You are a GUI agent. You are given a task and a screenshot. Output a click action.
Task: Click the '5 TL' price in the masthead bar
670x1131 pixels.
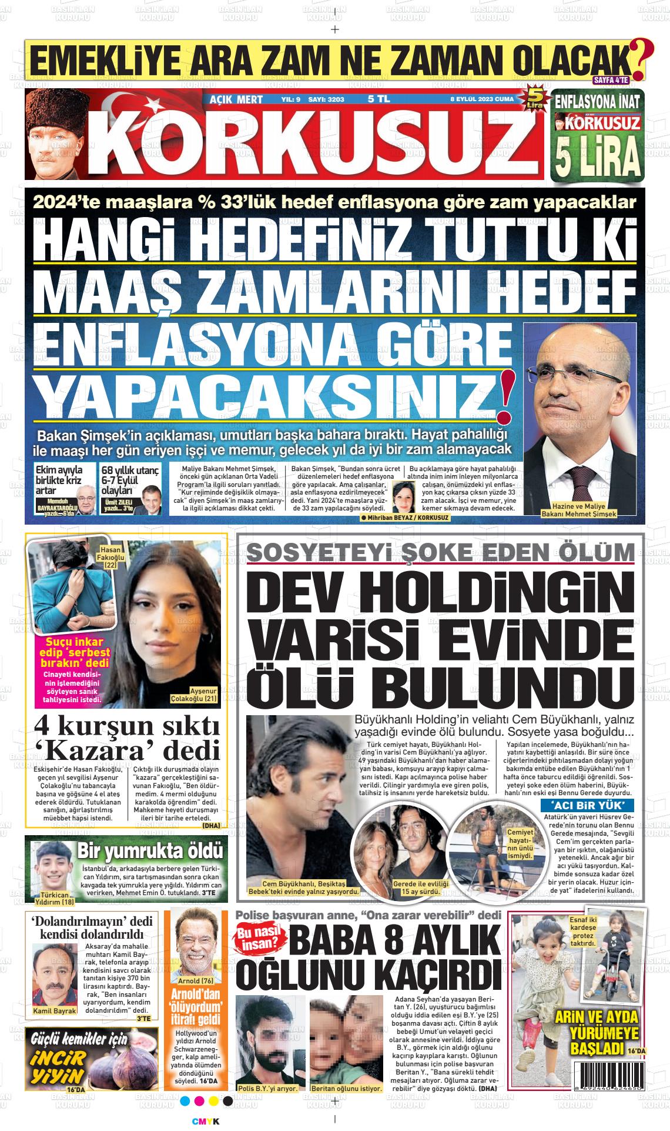coord(378,99)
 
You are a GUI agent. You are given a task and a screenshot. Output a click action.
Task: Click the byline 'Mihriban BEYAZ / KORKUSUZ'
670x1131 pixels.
coord(405,517)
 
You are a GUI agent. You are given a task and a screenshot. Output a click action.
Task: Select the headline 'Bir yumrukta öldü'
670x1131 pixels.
coord(150,851)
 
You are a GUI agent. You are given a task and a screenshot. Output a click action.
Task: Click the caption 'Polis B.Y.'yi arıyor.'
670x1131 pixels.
coord(267,1088)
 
